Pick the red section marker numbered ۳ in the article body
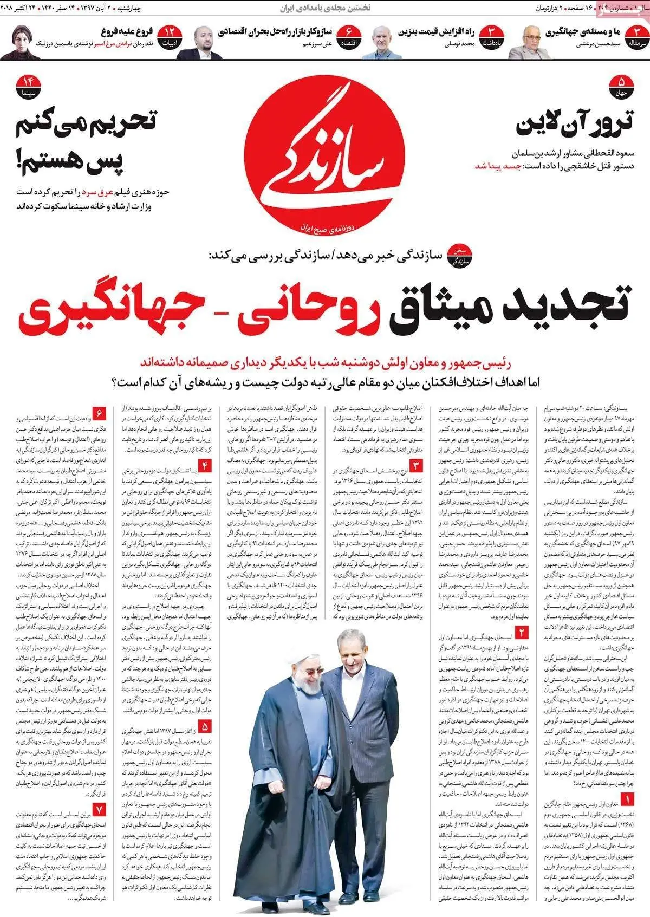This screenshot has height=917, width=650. coord(417,465)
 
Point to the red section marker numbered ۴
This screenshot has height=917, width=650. coord(206,465)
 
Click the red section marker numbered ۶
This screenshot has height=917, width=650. coord(101,414)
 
